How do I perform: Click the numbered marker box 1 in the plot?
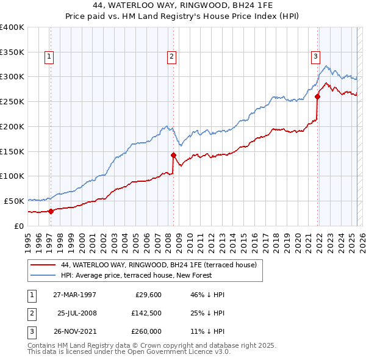point(49,57)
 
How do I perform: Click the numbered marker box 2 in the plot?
point(172,57)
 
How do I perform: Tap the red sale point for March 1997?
point(51,211)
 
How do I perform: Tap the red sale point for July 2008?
point(174,155)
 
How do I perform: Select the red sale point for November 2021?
point(318,96)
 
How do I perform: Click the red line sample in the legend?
point(43,265)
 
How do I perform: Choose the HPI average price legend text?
point(136,275)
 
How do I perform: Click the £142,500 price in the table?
point(146,313)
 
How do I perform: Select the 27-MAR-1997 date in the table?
point(74,294)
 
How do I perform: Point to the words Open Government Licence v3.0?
point(178,352)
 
